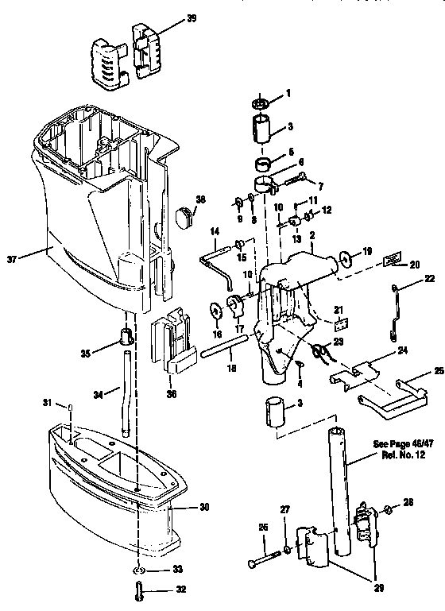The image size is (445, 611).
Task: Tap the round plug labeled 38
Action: pyautogui.click(x=185, y=214)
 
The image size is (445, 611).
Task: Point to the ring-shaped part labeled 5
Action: pyautogui.click(x=262, y=165)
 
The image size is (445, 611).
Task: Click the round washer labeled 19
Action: pyautogui.click(x=347, y=259)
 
